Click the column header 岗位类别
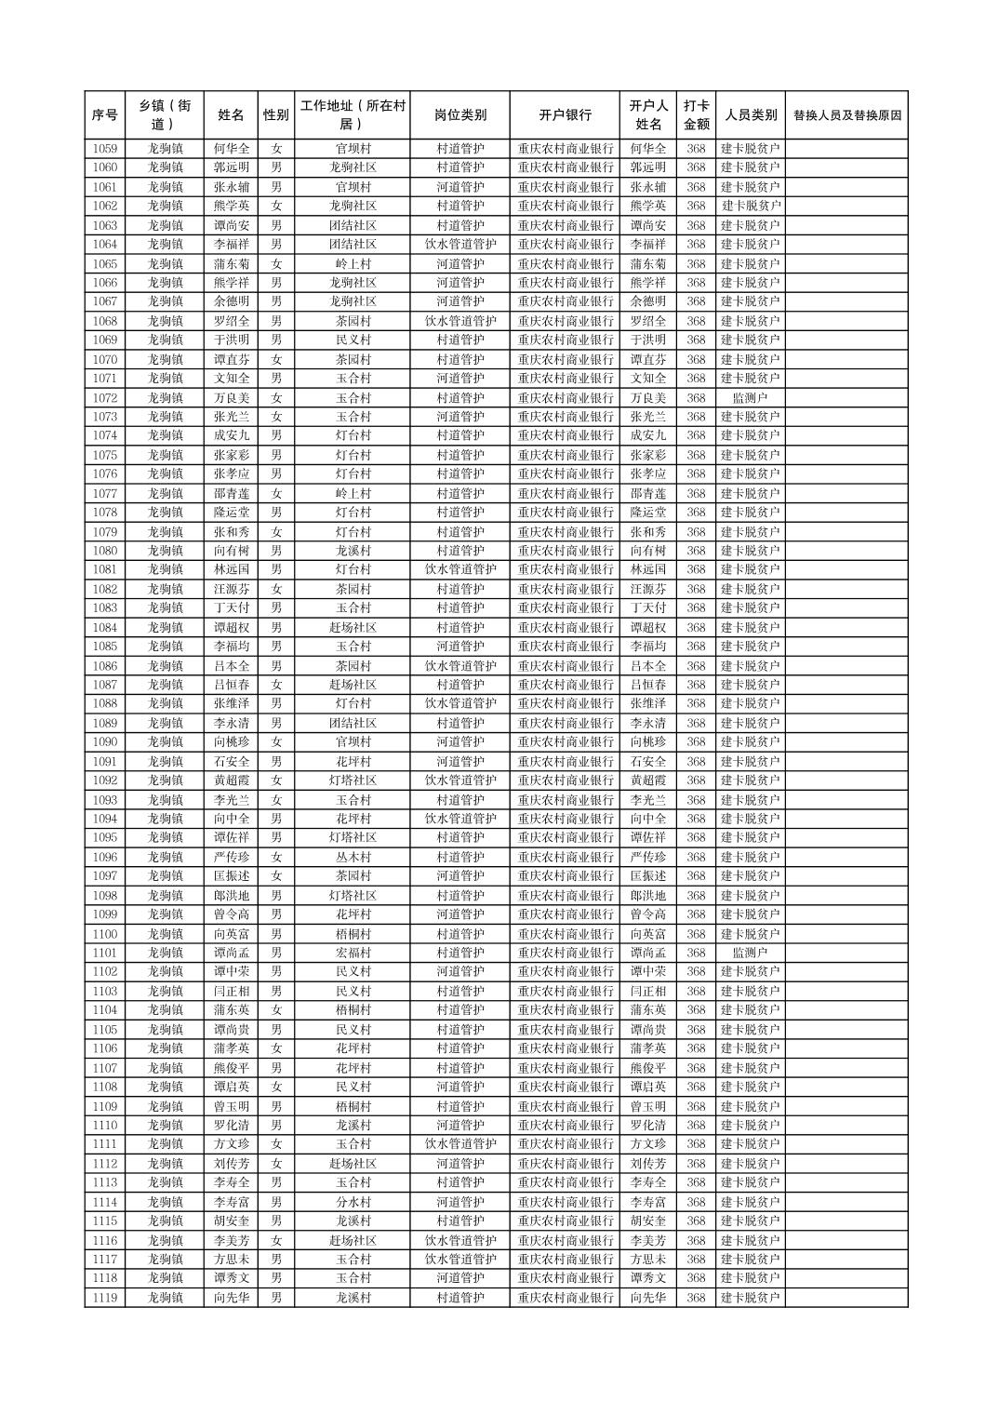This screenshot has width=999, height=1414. [460, 115]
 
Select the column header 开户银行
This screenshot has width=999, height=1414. [565, 115]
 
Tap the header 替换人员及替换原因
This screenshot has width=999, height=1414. [846, 115]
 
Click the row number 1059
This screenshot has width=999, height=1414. [105, 149]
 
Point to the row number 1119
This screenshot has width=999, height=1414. [105, 1298]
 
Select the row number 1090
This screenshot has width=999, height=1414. [105, 742]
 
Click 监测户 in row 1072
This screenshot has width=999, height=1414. [750, 398]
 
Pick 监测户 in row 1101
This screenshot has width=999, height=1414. [750, 953]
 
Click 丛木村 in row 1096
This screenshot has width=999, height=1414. [353, 857]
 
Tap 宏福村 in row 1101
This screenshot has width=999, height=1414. [353, 953]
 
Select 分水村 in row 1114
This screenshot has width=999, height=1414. [353, 1202]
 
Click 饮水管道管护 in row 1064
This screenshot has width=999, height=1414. [460, 245]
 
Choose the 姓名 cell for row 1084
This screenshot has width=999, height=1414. [232, 628]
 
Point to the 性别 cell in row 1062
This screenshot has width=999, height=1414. [276, 207]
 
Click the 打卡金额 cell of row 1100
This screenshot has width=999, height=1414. [696, 934]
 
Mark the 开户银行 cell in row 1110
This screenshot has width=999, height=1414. [565, 1126]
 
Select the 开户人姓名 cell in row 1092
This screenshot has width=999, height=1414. [648, 780]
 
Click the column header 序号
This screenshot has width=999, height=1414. [105, 115]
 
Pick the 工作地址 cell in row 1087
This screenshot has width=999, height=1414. [353, 685]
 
